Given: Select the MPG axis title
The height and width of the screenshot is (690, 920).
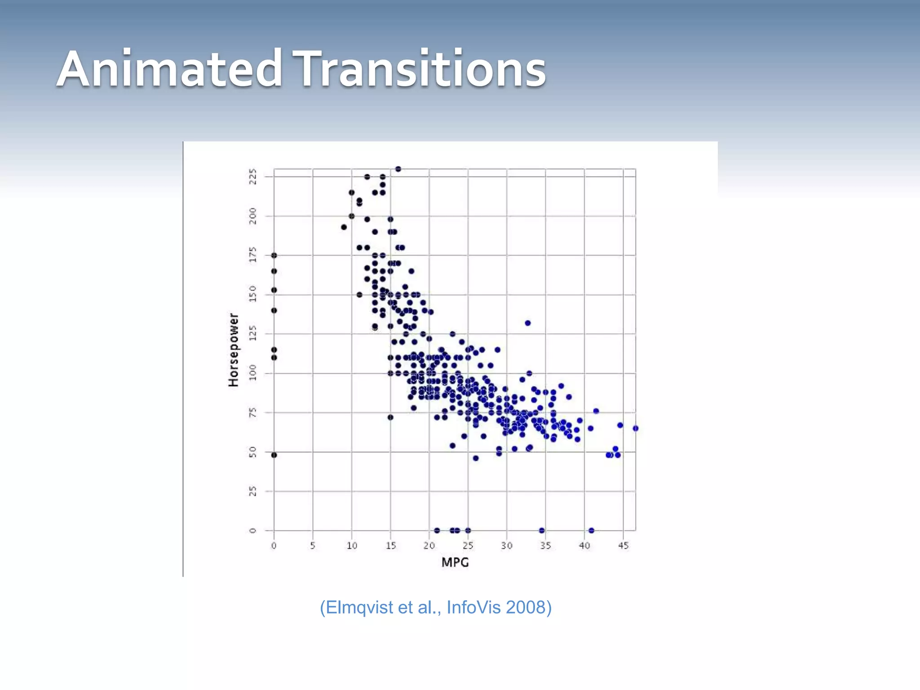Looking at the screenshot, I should click(x=455, y=562).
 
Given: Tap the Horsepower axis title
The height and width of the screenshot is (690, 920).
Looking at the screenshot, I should click(x=234, y=350).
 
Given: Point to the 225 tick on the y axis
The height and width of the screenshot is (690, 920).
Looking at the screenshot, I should click(x=253, y=177).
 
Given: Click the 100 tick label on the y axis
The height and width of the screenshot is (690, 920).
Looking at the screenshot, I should click(x=253, y=373).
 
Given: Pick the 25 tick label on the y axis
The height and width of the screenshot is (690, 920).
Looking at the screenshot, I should click(x=253, y=491).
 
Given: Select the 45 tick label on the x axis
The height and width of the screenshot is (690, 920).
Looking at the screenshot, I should click(x=624, y=546).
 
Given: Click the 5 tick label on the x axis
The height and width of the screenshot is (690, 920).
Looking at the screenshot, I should click(x=313, y=546).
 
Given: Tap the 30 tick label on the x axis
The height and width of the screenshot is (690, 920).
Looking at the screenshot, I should click(x=507, y=546).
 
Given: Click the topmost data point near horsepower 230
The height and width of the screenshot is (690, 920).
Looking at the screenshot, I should click(x=398, y=169).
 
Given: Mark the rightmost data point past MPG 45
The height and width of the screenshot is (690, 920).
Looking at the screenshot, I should click(x=636, y=428).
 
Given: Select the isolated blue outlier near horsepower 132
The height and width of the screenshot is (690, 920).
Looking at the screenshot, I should click(x=528, y=323).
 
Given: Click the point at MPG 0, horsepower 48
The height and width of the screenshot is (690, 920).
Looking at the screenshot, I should click(x=274, y=455).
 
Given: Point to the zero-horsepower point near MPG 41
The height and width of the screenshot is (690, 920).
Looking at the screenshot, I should click(x=591, y=531).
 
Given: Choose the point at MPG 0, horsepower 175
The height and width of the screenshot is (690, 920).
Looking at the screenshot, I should click(x=274, y=255).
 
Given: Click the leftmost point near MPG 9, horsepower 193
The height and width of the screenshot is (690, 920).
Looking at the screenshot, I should click(x=344, y=227).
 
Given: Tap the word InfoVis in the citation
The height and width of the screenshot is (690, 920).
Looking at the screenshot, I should click(x=474, y=607).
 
